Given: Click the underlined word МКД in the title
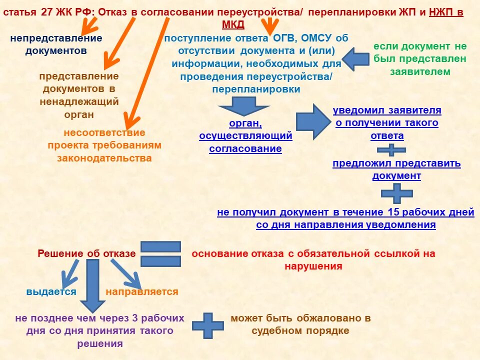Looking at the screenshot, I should point(233,25).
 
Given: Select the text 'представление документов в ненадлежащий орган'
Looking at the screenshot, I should point(79,95).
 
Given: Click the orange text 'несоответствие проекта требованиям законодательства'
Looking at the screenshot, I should point(104,145).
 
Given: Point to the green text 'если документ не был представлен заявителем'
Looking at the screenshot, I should point(420,59).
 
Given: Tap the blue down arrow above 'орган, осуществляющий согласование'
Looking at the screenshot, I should point(244,106).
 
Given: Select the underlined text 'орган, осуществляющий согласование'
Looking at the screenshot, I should point(245,135).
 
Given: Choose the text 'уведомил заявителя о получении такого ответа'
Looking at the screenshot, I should point(387,123).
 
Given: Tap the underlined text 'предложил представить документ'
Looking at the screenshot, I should point(396,169).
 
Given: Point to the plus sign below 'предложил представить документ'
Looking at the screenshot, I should point(397,193).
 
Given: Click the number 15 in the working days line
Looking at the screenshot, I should point(393,212).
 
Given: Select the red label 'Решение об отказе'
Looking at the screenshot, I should point(86,253).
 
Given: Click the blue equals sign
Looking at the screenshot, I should point(160,254).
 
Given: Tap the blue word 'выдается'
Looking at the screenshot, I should point(51,292).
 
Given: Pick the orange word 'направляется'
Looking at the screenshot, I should point(141,292).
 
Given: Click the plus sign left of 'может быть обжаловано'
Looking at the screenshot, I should point(207,325).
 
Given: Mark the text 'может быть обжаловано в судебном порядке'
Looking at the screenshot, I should point(300,324).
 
